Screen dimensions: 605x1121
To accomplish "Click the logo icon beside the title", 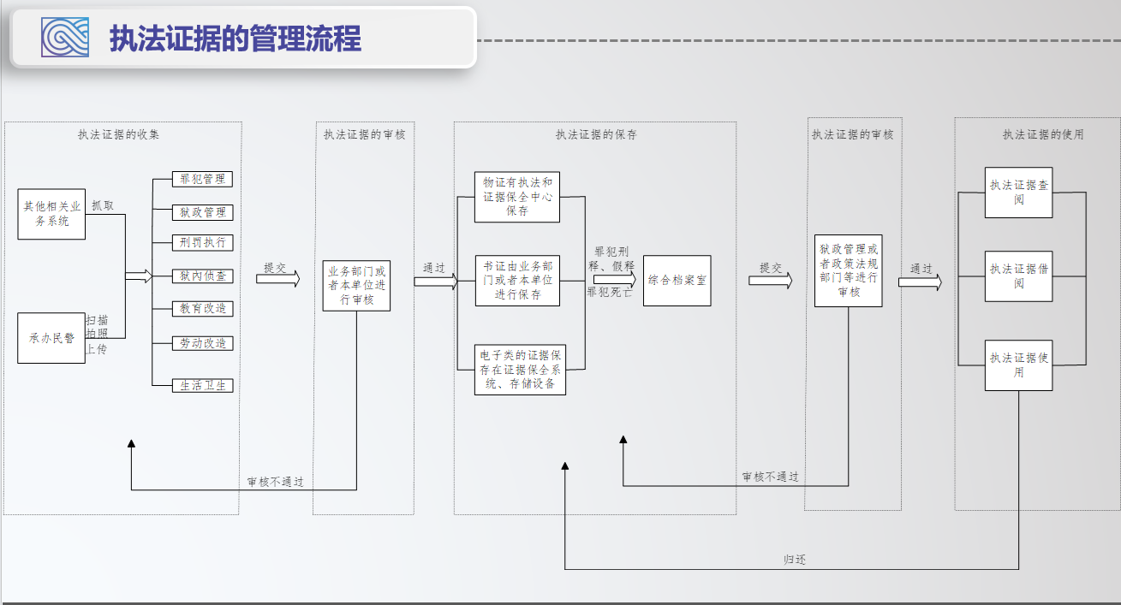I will click(65, 38).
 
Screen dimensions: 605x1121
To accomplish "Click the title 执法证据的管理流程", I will click(236, 39).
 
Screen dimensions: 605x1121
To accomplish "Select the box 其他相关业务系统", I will click(52, 214).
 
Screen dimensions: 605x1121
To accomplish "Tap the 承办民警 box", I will click(51, 338).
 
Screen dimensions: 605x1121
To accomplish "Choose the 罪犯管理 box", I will click(203, 180).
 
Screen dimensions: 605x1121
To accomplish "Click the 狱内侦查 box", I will click(203, 276).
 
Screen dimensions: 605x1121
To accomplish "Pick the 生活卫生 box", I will click(203, 385).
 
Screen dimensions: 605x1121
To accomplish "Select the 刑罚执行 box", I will click(203, 242).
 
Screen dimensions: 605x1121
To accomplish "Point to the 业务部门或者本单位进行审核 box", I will click(356, 286).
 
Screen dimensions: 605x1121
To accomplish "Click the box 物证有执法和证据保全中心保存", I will click(517, 197).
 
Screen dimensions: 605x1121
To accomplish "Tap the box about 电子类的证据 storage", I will click(521, 369).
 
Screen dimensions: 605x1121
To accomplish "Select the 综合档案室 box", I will click(677, 280).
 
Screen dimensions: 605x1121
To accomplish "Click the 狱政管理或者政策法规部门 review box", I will click(849, 270).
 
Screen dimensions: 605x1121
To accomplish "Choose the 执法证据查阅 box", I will click(1018, 192).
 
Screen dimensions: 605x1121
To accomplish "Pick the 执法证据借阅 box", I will click(1018, 276).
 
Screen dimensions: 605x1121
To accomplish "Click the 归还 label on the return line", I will click(795, 560).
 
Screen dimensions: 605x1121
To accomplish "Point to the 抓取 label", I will click(103, 205).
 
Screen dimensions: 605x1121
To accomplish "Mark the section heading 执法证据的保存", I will click(596, 134).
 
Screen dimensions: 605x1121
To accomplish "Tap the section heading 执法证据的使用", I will click(1043, 134).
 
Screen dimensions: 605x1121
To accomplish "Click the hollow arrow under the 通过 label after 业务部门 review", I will click(436, 282).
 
